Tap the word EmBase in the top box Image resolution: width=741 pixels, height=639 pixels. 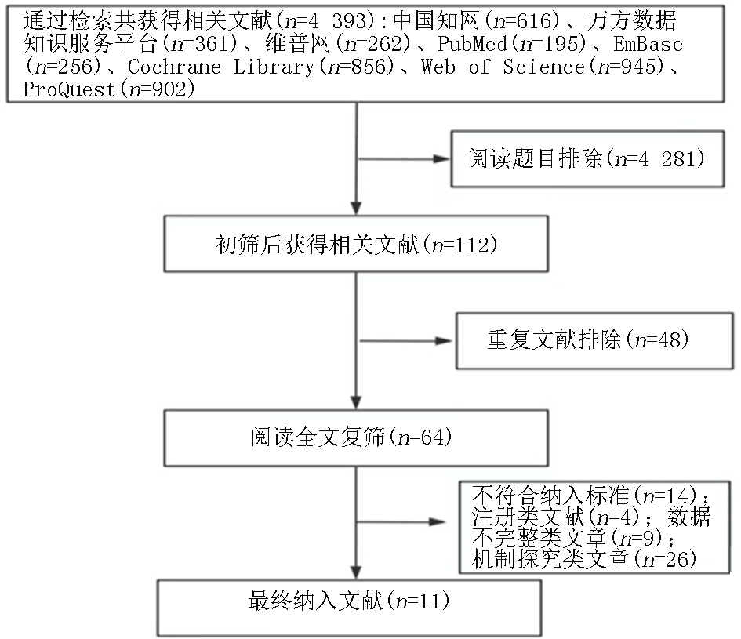tap(648, 44)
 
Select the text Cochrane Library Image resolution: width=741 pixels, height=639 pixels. tap(221, 67)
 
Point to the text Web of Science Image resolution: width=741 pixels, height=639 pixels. tap(503, 67)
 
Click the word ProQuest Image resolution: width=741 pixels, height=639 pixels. tap(69, 89)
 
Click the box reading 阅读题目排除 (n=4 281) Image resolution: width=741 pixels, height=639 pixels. tap(587, 159)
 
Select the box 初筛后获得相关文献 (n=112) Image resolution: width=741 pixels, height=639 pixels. tap(356, 244)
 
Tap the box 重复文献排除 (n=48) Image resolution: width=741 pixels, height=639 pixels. tap(594, 340)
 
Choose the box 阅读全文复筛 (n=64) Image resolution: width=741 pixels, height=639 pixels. tap(356, 437)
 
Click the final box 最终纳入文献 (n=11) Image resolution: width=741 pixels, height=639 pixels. tap(349, 608)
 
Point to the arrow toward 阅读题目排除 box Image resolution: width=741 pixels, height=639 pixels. tap(404, 159)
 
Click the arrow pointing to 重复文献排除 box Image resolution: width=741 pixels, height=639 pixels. tap(406, 341)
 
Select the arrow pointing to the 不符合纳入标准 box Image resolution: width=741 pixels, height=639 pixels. tap(401, 522)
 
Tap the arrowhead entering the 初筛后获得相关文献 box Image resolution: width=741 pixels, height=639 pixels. tap(356, 209)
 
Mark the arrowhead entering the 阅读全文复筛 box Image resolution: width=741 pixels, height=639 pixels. tap(356, 403)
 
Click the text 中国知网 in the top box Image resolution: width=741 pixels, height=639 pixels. tap(436, 21)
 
